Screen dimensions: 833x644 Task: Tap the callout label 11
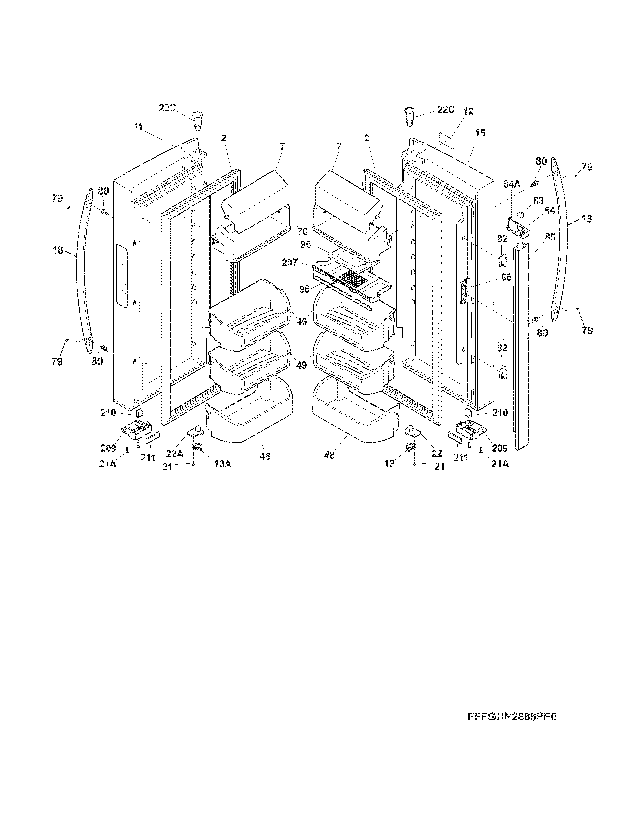tap(138, 127)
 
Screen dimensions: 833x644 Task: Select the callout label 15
tap(480, 133)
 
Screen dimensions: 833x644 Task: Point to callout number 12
tap(468, 111)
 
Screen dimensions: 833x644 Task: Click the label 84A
tap(512, 184)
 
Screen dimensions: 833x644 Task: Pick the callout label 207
tap(290, 263)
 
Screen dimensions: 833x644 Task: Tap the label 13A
tap(223, 464)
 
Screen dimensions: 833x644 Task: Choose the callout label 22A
tap(175, 454)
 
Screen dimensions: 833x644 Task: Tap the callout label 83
tap(538, 201)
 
